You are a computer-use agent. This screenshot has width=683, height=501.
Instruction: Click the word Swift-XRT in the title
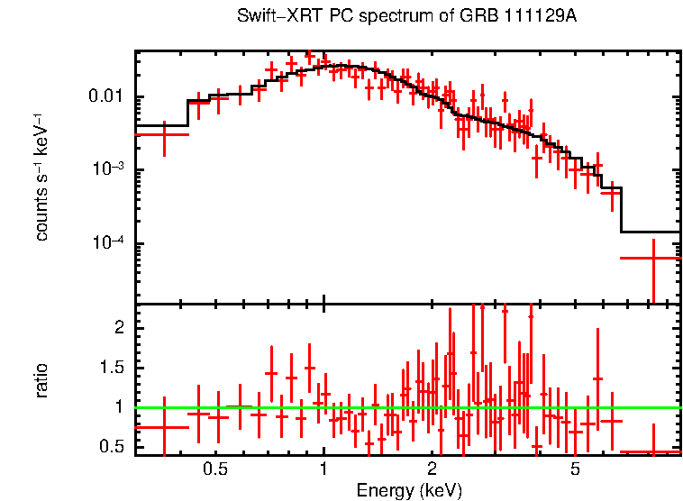tap(274, 17)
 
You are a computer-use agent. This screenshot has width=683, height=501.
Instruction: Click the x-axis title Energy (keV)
tap(409, 490)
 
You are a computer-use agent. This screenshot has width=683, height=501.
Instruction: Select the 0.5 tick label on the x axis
tap(214, 469)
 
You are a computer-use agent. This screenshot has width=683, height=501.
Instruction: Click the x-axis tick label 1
tap(323, 469)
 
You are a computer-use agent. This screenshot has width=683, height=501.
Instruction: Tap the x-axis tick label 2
tap(433, 469)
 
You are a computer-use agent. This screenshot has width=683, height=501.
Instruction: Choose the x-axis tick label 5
tap(576, 469)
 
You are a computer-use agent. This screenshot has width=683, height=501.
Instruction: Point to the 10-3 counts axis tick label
tap(110, 169)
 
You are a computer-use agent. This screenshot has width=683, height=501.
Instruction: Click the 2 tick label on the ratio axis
tap(118, 328)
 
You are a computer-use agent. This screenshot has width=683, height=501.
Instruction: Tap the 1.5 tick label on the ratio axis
tap(112, 368)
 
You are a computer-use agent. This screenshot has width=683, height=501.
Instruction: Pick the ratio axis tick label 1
tap(118, 407)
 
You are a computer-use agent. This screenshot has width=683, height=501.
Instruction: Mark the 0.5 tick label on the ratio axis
tap(112, 446)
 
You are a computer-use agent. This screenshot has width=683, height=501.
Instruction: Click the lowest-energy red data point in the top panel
tap(163, 134)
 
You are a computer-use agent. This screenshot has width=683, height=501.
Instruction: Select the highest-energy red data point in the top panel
tap(651, 258)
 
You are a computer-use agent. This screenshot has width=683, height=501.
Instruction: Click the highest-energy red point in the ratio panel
tap(651, 451)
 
